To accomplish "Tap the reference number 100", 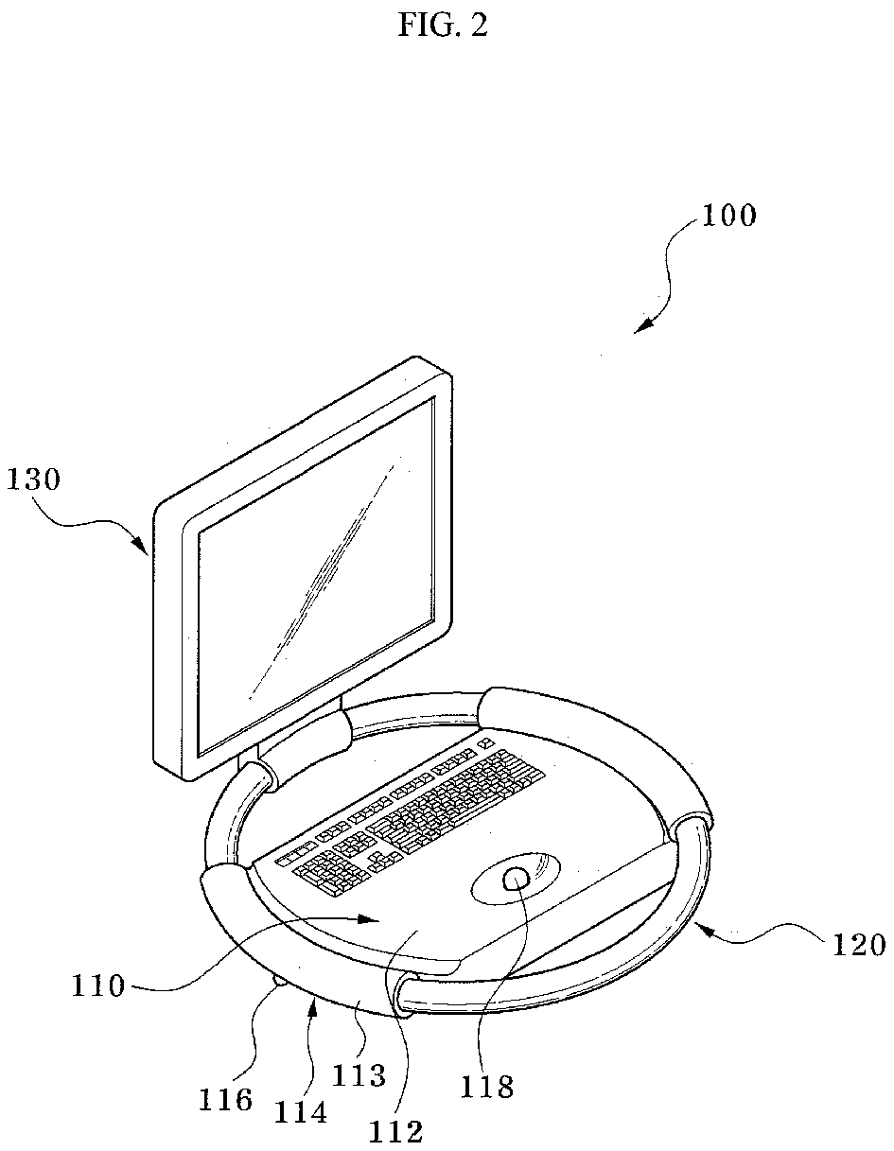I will pos(728,216).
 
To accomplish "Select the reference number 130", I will pos(33,480).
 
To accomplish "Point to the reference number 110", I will pos(98,986).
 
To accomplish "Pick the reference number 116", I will pos(225,1099).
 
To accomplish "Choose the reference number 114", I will pos(301,1113).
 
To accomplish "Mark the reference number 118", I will pos(488,1087).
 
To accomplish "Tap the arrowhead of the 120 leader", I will pos(702,927).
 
